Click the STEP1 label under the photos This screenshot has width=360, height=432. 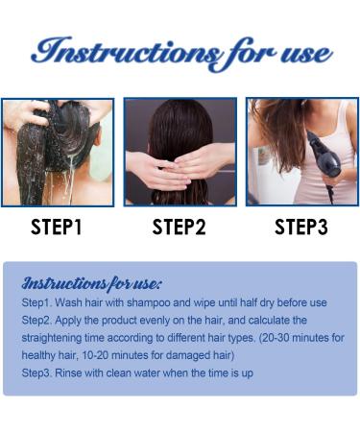pos(57,228)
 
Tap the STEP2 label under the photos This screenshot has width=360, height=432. pos(179,228)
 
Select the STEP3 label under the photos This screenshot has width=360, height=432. pos(300,228)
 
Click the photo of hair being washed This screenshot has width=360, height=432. pos(58,152)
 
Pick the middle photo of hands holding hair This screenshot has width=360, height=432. pos(180,152)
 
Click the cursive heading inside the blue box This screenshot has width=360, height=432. pos(91,283)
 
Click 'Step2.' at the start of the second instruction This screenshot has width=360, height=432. pos(39,321)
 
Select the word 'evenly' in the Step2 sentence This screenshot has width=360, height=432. pos(156,321)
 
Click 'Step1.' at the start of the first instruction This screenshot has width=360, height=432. pos(39,303)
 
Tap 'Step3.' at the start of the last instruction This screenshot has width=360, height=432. pos(39,372)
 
